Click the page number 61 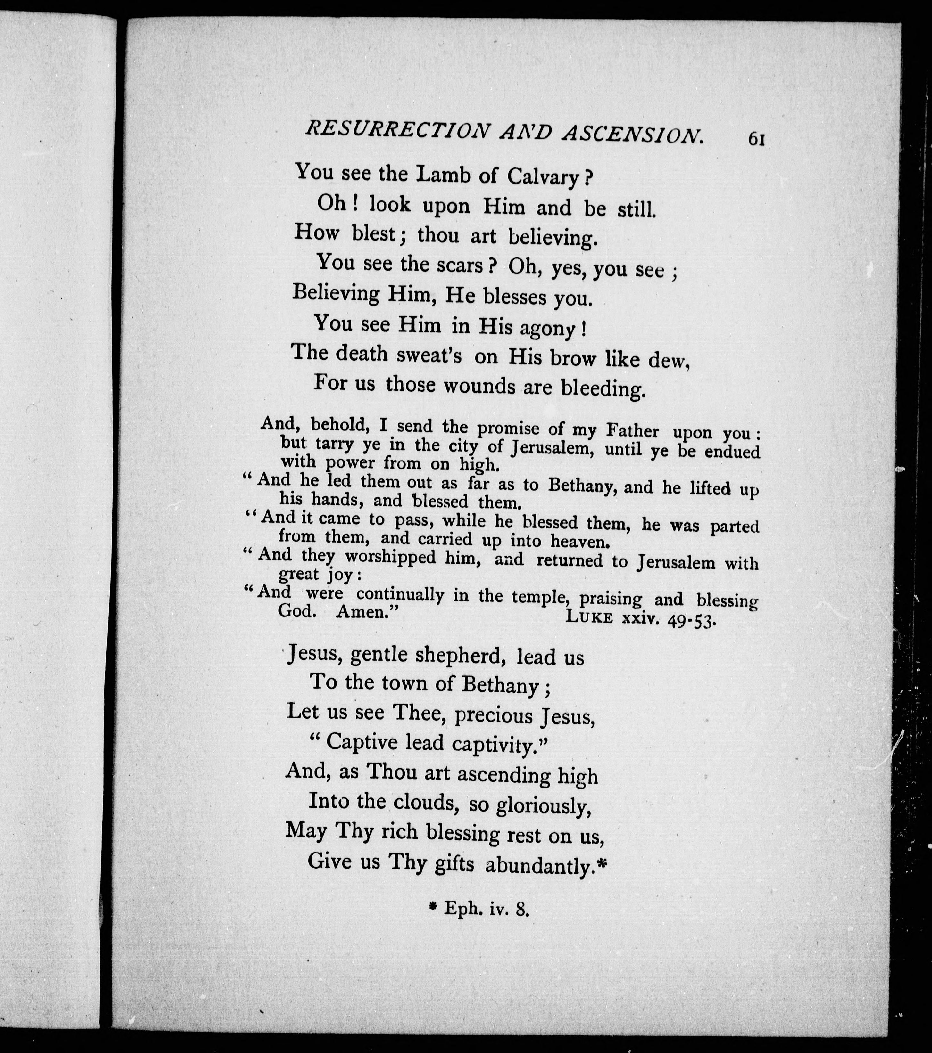(756, 139)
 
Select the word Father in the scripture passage (633, 430)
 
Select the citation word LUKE (589, 617)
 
